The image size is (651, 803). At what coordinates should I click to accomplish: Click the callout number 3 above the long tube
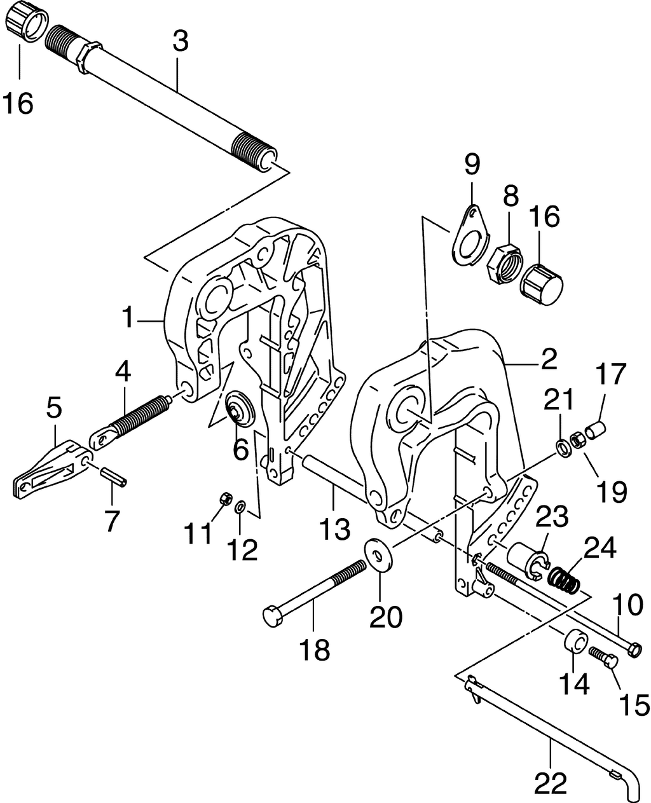pos(181,42)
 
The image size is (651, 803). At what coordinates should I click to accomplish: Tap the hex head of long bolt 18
pos(271,616)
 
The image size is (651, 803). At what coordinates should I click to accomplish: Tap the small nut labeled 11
pos(224,499)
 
